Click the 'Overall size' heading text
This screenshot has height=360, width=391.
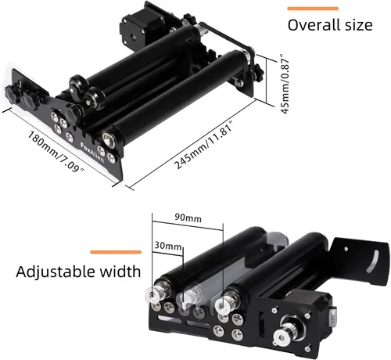point(330,25)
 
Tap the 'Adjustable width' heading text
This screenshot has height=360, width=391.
point(78,272)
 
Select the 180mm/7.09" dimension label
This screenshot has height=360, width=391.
point(56,152)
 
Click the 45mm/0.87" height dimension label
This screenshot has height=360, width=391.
point(285,84)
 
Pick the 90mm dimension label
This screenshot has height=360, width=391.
point(188,218)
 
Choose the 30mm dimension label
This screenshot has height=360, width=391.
point(168,246)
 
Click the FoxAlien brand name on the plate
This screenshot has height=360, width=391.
point(92,153)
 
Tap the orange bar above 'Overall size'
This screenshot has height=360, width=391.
point(313,9)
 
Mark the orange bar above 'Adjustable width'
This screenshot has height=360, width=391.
point(116,252)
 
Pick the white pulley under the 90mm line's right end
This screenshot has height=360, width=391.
point(222,304)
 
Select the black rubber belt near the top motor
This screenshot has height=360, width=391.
point(225,37)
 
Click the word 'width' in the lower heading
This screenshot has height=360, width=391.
point(120,271)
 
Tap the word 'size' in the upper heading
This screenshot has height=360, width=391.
point(359,25)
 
